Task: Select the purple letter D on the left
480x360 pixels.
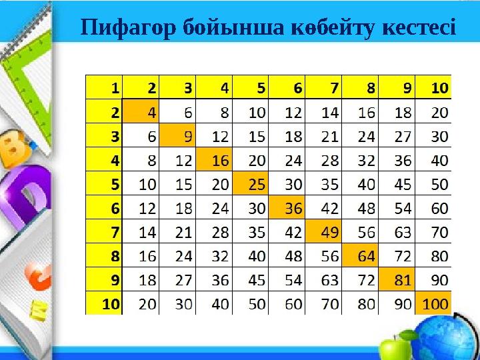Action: click(x=27, y=193)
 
